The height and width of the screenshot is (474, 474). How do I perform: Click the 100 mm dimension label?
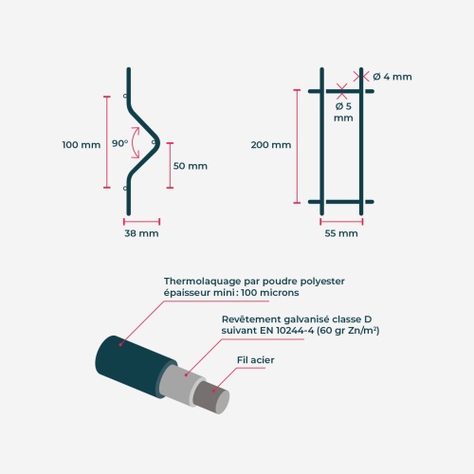point(82,145)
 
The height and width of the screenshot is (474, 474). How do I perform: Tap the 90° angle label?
point(120,143)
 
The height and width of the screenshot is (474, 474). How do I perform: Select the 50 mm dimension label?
point(191,166)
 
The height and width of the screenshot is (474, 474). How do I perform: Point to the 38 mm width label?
point(141,233)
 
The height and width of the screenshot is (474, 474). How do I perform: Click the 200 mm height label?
point(271,145)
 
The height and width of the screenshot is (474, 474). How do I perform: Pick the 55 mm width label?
point(341,233)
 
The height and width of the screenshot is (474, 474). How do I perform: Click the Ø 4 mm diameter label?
point(392,77)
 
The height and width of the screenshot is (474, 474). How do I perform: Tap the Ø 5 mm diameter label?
point(343,112)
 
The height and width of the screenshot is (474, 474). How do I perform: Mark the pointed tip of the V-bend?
point(159,143)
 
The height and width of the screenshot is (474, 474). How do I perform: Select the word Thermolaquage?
point(203,282)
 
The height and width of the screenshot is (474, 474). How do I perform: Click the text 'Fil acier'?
point(256,360)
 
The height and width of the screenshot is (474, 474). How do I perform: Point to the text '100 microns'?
point(270,293)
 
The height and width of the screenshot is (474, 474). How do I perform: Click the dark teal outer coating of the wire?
point(133,365)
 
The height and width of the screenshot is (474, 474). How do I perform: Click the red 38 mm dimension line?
point(141,222)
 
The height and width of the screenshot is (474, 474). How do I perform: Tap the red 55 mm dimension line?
point(341,222)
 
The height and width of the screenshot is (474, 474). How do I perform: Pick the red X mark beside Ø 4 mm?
point(361,76)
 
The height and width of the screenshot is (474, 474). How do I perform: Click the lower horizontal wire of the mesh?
point(341,202)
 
